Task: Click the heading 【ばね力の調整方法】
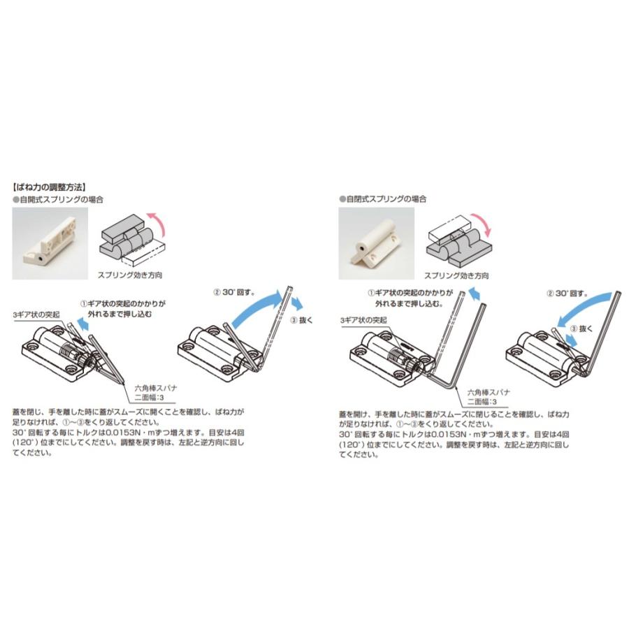(x=49, y=187)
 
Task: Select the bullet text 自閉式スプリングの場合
(x=387, y=199)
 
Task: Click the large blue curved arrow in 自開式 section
(x=255, y=308)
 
